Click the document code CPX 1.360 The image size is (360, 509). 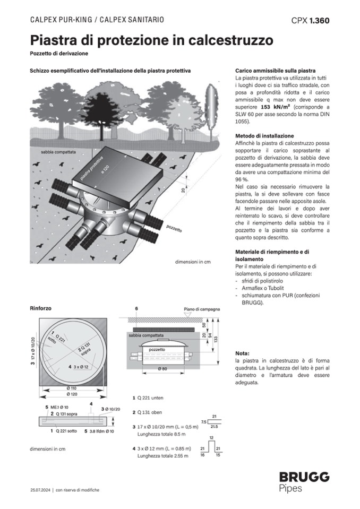(x=310, y=21)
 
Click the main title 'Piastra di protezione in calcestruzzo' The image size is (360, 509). (x=151, y=40)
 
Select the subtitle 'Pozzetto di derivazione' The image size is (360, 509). (x=59, y=54)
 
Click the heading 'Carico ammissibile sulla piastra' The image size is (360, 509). (x=275, y=71)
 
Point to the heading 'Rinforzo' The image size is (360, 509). (x=41, y=308)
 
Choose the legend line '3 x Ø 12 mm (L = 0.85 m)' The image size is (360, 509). (x=165, y=449)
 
